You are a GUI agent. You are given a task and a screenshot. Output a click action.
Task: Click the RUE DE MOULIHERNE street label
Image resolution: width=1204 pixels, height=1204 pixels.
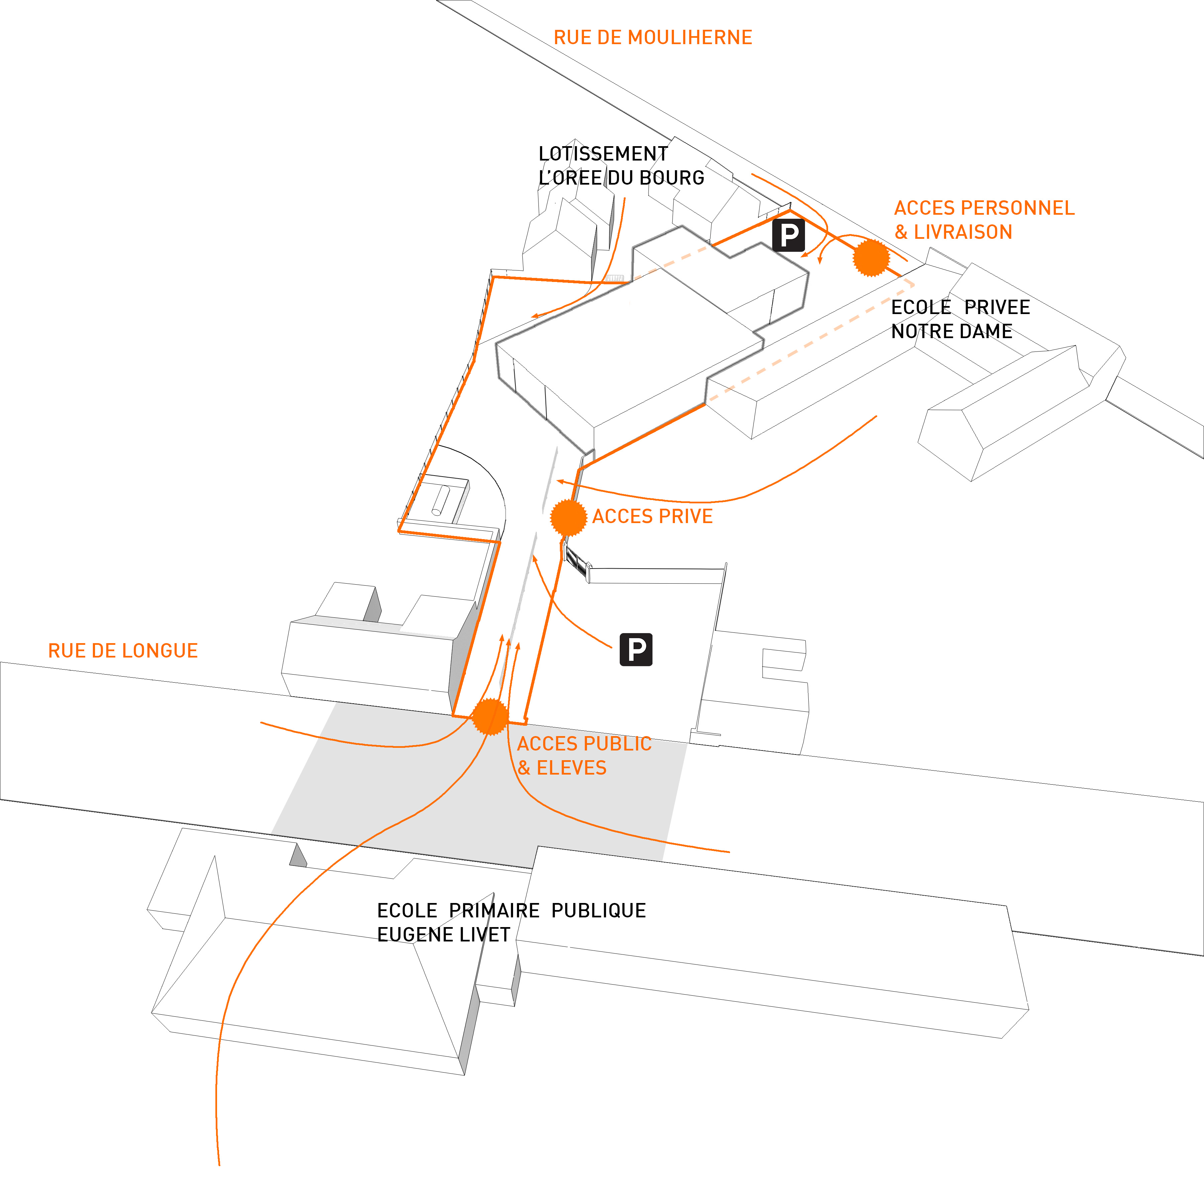[653, 37]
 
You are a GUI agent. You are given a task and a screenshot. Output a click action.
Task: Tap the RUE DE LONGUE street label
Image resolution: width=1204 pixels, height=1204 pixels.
[123, 650]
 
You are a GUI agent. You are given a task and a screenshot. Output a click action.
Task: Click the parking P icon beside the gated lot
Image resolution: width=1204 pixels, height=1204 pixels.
[636, 649]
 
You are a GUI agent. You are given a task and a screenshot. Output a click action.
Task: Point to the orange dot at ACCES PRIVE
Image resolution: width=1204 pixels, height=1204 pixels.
[568, 517]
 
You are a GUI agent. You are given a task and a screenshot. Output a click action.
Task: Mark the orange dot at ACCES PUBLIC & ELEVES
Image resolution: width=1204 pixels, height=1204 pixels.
[490, 717]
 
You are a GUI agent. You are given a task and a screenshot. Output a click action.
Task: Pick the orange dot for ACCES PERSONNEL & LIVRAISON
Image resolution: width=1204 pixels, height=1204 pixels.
[871, 258]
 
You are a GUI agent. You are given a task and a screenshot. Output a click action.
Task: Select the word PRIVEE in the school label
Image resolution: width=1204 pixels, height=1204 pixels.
[997, 307]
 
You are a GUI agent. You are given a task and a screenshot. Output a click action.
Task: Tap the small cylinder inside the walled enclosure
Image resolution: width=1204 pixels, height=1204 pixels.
[440, 500]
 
